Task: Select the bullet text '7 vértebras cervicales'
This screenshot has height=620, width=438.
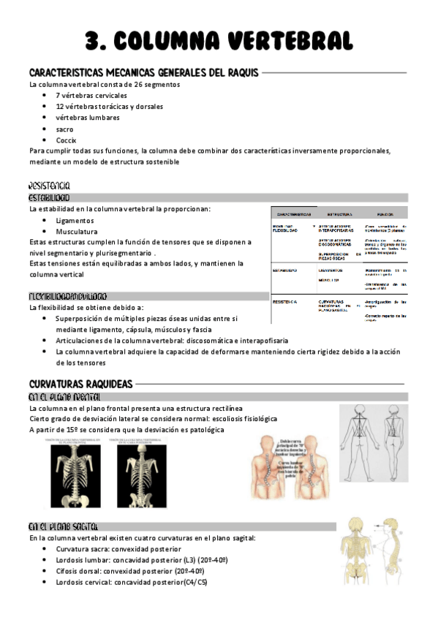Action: pos(91,95)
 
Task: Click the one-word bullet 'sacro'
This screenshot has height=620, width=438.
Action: pos(64,129)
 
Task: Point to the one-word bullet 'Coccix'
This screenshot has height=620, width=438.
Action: pos(66,140)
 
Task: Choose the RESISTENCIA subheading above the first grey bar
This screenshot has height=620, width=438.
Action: pos(50,186)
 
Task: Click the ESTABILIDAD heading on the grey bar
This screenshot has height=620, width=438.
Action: pos(50,197)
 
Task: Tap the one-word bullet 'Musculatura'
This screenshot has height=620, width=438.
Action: pos(77,231)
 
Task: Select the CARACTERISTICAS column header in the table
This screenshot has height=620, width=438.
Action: pos(293,214)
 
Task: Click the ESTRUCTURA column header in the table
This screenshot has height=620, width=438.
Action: pos(339,214)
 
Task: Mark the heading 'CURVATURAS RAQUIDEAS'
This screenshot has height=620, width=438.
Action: pos(80,384)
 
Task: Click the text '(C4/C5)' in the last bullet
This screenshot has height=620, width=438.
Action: pos(193,582)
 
